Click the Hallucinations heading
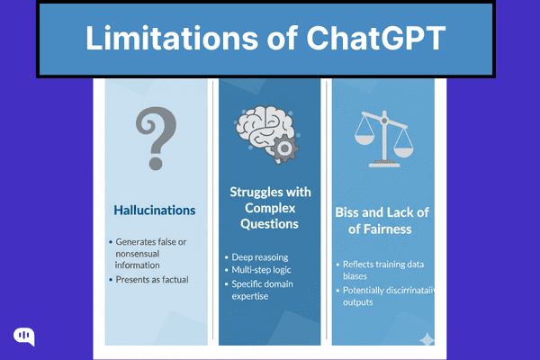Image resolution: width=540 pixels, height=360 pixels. pyautogui.click(x=155, y=211)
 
